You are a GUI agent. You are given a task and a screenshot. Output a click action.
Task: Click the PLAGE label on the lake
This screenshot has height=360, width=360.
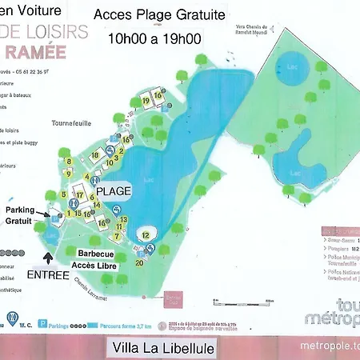point(114,192)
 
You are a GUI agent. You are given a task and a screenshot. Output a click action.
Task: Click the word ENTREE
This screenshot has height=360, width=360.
point(48,274)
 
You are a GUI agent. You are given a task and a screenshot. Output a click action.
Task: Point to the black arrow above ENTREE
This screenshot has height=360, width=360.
point(50,258)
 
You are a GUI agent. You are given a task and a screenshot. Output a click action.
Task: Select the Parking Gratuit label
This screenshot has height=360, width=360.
point(21,215)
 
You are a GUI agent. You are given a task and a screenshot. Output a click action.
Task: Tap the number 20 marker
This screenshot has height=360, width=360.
point(139,262)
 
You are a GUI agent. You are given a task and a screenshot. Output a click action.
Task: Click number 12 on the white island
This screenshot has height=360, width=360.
point(145,234)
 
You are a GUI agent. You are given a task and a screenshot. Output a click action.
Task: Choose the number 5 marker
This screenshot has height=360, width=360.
point(63,194)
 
